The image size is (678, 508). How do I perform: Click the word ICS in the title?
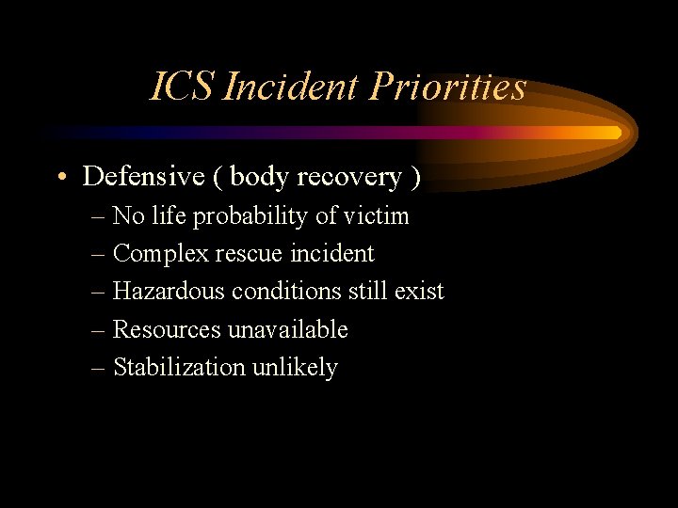tap(185, 87)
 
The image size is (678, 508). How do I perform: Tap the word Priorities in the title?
tap(447, 87)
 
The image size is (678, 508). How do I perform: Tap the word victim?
tap(376, 215)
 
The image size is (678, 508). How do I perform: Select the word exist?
tap(419, 292)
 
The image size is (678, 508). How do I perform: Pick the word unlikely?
tap(295, 368)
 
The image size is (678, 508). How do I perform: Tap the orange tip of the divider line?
tap(615, 133)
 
